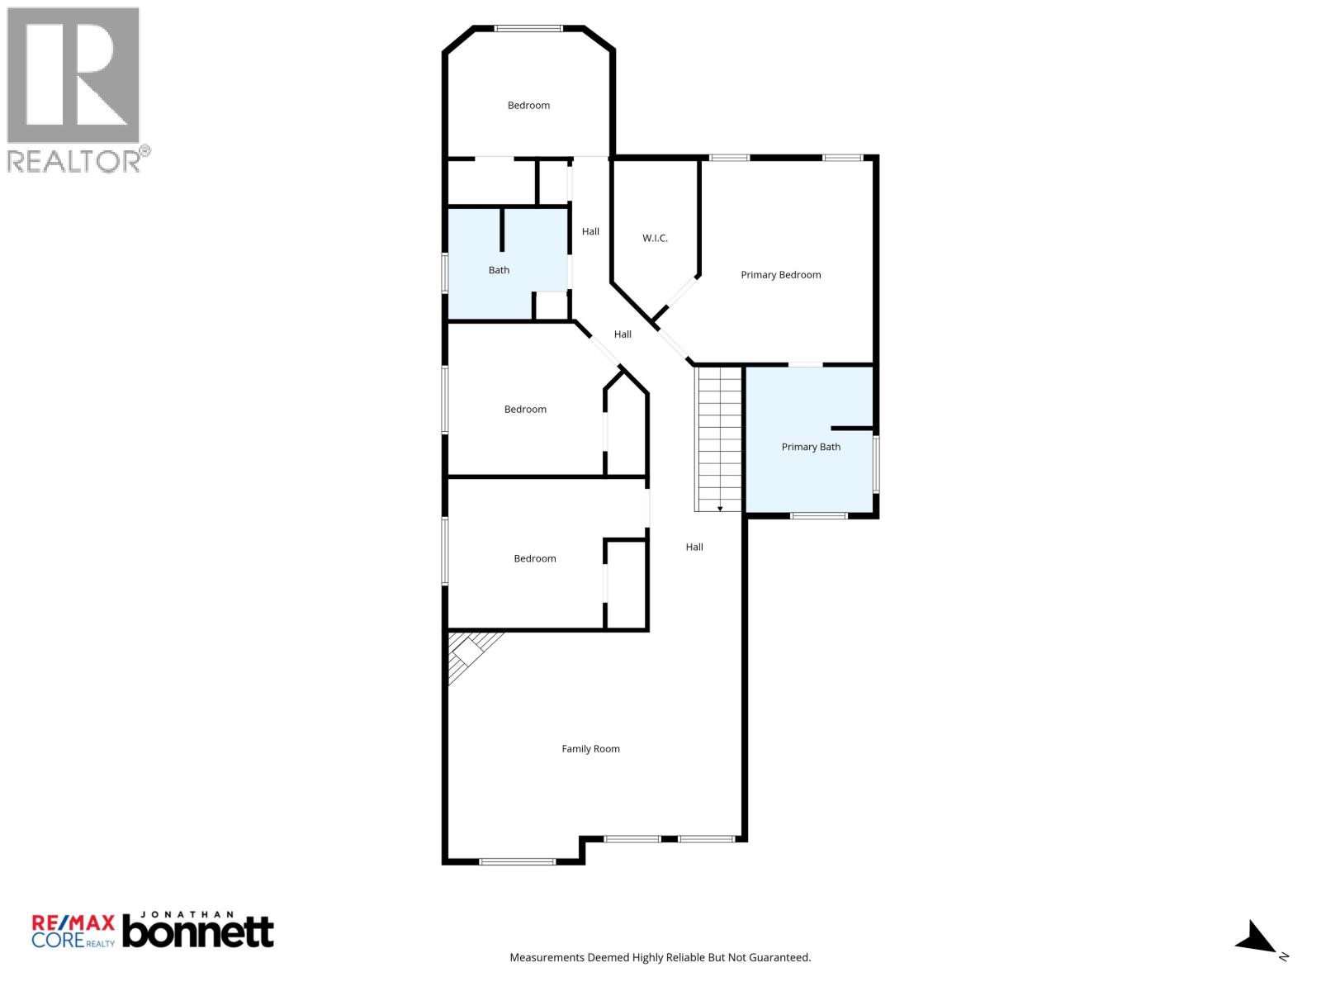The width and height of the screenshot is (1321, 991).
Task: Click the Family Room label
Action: (590, 749)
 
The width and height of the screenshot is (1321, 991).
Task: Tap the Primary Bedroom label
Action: (780, 275)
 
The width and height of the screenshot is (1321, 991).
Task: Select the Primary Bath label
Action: (811, 447)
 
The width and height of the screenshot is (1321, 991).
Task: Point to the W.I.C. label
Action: (655, 238)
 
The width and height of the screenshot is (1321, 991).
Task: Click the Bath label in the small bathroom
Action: (499, 270)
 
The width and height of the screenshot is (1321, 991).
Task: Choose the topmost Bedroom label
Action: (528, 105)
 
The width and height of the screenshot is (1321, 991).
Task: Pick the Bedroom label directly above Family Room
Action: (534, 558)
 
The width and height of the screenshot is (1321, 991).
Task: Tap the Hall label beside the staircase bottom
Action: (694, 547)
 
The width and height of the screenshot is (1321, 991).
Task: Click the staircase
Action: (719, 438)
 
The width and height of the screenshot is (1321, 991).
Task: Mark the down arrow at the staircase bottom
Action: (720, 508)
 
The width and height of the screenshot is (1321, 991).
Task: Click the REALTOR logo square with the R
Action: (73, 75)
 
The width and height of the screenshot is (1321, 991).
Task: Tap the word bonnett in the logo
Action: (198, 932)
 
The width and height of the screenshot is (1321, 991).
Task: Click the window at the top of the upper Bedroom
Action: (528, 29)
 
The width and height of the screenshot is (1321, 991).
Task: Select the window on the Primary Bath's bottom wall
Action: (818, 516)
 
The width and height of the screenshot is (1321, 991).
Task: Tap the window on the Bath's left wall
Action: (445, 273)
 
